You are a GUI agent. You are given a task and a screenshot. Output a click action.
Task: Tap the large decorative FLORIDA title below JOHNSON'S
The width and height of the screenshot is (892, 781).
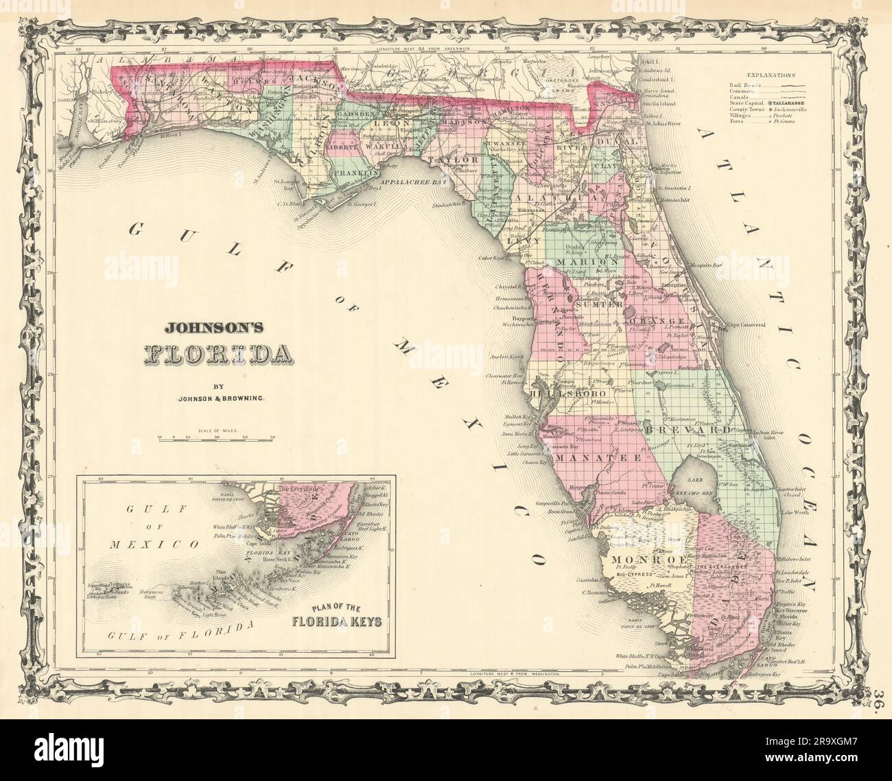(x=215, y=353)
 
